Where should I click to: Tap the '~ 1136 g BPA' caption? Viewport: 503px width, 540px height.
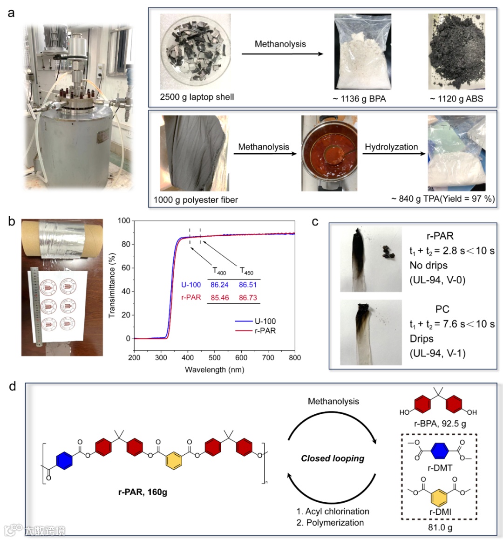pyautogui.click(x=359, y=99)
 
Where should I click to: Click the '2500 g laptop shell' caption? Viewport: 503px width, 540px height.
pyautogui.click(x=197, y=97)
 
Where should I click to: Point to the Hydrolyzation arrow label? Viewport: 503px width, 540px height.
pyautogui.click(x=391, y=147)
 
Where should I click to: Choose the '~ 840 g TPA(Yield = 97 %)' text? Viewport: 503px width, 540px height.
pyautogui.click(x=443, y=199)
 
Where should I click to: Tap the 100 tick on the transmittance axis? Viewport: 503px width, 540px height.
pyautogui.click(x=124, y=221)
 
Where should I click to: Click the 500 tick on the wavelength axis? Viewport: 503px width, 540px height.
pyautogui.click(x=215, y=358)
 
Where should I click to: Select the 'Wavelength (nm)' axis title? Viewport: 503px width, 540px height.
pyautogui.click(x=215, y=370)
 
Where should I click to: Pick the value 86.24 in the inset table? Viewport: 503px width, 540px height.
pyautogui.click(x=219, y=285)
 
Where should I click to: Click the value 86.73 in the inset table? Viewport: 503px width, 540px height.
pyautogui.click(x=248, y=298)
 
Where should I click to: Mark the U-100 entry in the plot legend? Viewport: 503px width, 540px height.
pyautogui.click(x=265, y=321)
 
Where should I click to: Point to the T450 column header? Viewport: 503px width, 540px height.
pyautogui.click(x=246, y=271)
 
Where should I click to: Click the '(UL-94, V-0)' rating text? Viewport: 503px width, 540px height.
pyautogui.click(x=437, y=280)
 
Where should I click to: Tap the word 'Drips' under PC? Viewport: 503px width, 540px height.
pyautogui.click(x=421, y=339)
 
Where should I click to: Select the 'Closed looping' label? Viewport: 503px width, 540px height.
pyautogui.click(x=333, y=458)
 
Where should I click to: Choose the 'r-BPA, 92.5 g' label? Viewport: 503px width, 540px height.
pyautogui.click(x=440, y=424)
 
